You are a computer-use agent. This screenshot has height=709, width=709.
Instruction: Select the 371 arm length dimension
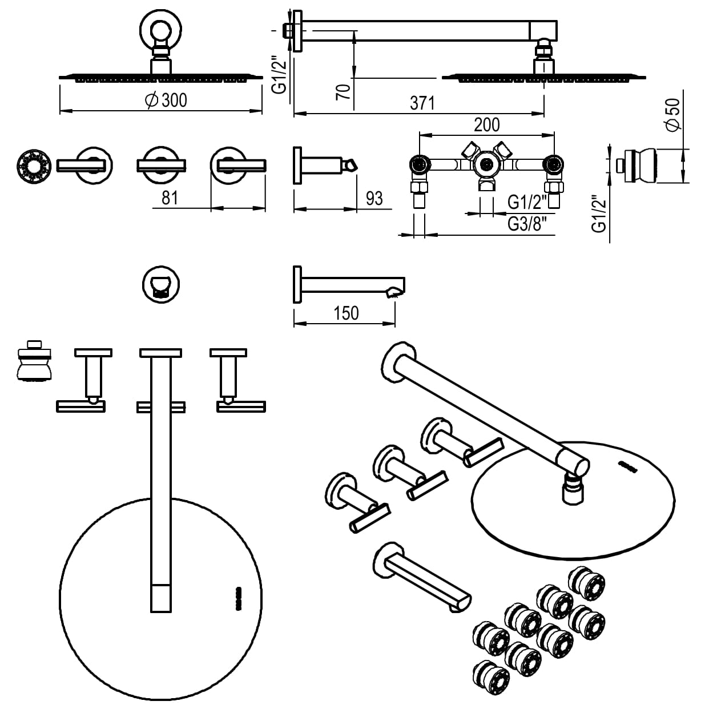tap(422, 103)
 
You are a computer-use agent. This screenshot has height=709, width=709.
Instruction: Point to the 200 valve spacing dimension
tap(486, 124)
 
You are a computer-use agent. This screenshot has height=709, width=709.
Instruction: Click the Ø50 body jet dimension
tap(673, 114)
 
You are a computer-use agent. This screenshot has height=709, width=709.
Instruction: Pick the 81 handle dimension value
tap(170, 198)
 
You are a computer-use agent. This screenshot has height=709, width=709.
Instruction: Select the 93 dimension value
tap(374, 199)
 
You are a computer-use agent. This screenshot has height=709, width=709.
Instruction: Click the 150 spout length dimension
tap(347, 313)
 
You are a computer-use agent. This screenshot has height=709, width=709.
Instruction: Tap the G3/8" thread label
tap(531, 224)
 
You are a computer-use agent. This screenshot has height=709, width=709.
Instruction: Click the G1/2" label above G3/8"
tap(527, 202)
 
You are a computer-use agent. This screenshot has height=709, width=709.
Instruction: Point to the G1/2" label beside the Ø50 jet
tap(598, 214)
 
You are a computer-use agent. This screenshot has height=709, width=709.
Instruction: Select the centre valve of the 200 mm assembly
tap(486, 166)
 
